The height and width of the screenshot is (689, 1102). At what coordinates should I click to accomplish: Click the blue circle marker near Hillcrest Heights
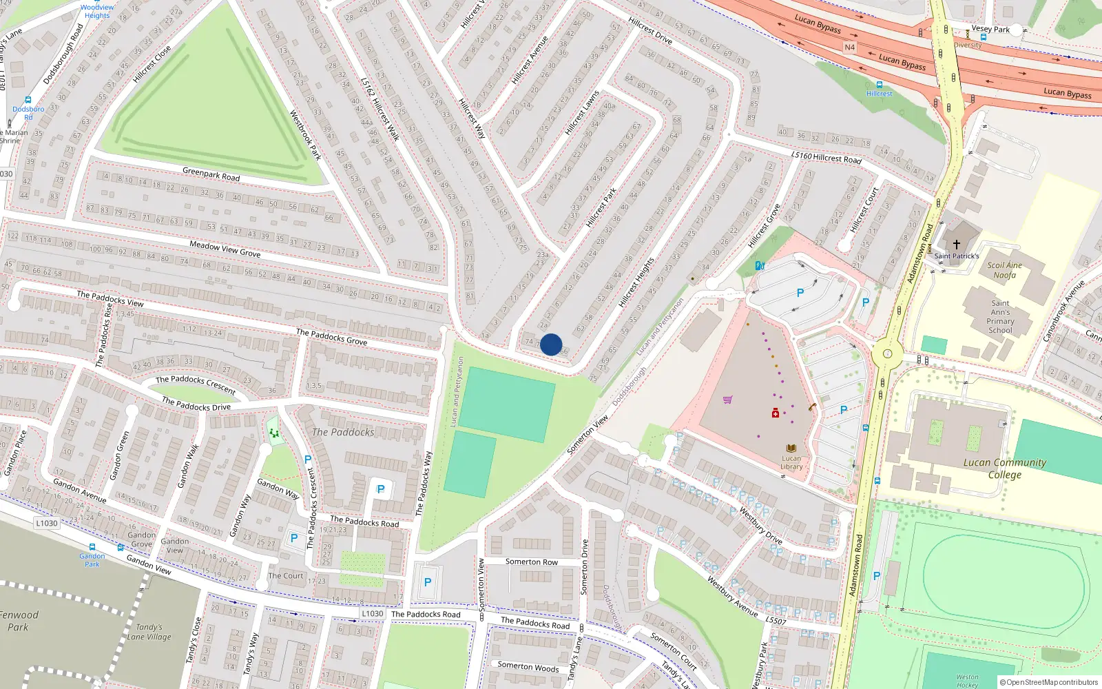[x=551, y=344]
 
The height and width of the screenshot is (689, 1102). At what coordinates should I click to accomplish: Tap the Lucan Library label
[x=791, y=462]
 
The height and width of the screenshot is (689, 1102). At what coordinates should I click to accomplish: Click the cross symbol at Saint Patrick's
[x=956, y=245]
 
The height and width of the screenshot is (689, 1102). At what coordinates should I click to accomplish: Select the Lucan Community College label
[x=1004, y=469]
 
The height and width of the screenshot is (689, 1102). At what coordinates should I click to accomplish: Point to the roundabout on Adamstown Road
[x=887, y=356]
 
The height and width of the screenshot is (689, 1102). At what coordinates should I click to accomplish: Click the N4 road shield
[x=849, y=48]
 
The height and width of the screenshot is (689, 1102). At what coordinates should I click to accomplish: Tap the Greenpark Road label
[x=211, y=174]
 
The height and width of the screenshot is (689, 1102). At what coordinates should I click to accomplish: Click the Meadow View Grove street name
[x=225, y=249]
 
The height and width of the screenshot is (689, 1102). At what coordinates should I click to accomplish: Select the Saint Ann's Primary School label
[x=1000, y=317]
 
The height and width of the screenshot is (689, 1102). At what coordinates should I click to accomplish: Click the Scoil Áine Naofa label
[x=1004, y=270]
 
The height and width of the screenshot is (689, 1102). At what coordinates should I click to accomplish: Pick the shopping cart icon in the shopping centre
[x=727, y=400]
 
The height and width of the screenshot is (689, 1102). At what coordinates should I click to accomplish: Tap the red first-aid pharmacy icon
[x=775, y=413]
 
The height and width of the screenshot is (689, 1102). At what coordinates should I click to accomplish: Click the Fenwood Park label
[x=19, y=621]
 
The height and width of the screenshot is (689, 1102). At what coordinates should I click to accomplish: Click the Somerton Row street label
[x=532, y=562]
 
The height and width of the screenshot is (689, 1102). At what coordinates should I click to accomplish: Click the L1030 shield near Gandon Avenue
[x=47, y=523]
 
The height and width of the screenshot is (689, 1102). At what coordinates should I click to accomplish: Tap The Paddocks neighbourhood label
[x=343, y=432]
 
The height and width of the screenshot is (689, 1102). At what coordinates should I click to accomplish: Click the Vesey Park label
[x=990, y=30]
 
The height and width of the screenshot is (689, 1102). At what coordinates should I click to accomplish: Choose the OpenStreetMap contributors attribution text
[x=1048, y=682]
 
